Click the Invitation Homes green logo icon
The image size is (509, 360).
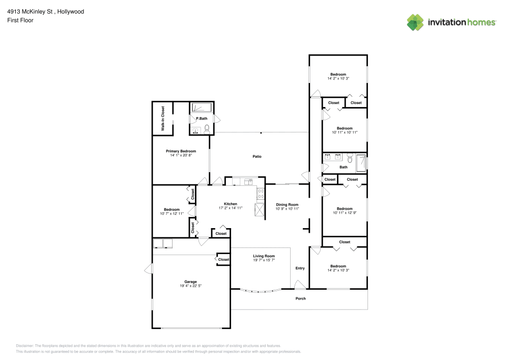415,22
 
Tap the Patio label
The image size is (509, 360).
257,156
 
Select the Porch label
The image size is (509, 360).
301,298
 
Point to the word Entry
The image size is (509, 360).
300,268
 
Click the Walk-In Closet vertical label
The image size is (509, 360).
163,119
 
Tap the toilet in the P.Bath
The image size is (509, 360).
207,130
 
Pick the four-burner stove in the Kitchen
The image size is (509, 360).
261,193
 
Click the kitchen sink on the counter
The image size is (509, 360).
248,181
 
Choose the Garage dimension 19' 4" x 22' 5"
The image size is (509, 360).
190,286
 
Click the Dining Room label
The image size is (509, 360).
287,204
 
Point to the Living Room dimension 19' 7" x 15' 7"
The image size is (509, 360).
264,260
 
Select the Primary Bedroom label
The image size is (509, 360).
181,151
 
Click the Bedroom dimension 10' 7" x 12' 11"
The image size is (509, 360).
172,214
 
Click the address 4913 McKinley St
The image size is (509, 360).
31,11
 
